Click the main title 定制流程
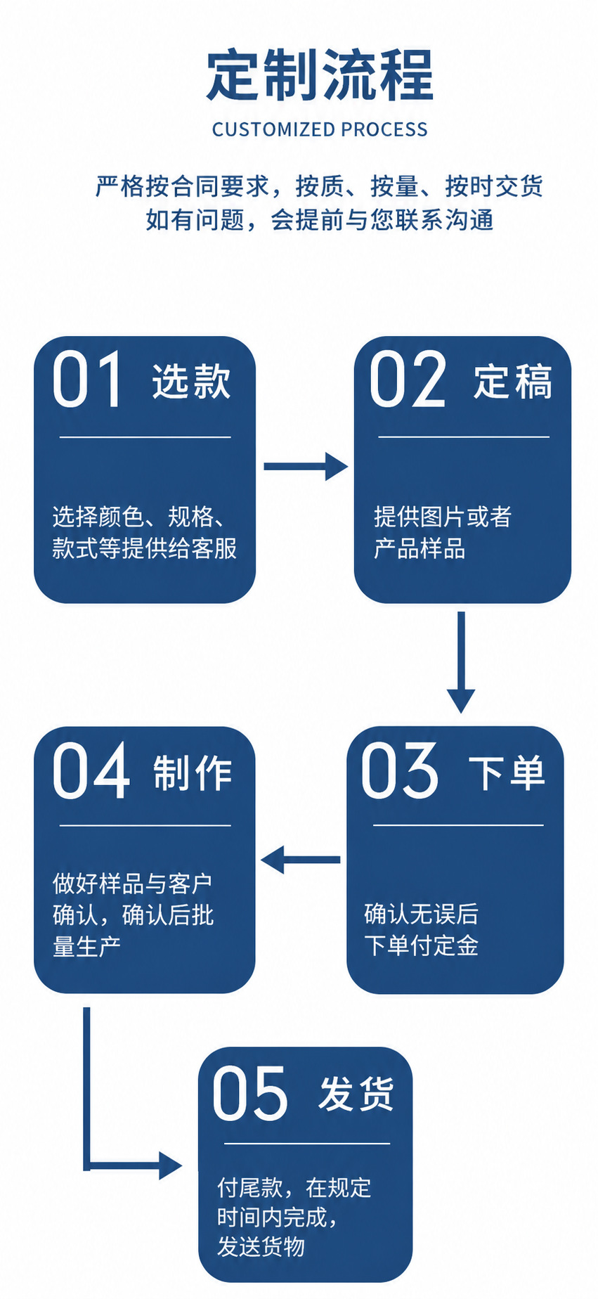pyautogui.click(x=320, y=75)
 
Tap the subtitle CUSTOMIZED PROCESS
pyautogui.click(x=320, y=129)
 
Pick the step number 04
pyautogui.click(x=91, y=770)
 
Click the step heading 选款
pyautogui.click(x=191, y=382)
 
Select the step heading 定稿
pyautogui.click(x=512, y=382)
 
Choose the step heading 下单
pyautogui.click(x=507, y=773)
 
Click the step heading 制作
pyautogui.click(x=193, y=773)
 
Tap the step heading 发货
pyautogui.click(x=356, y=1094)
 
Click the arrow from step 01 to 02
pyautogui.click(x=306, y=466)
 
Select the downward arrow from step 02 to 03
pyautogui.click(x=461, y=662)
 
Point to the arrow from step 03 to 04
pyautogui.click(x=301, y=859)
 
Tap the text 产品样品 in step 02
pyautogui.click(x=420, y=548)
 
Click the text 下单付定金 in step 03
pyautogui.click(x=421, y=945)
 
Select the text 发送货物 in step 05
pyautogui.click(x=261, y=1246)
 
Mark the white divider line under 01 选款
pyautogui.click(x=145, y=437)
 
